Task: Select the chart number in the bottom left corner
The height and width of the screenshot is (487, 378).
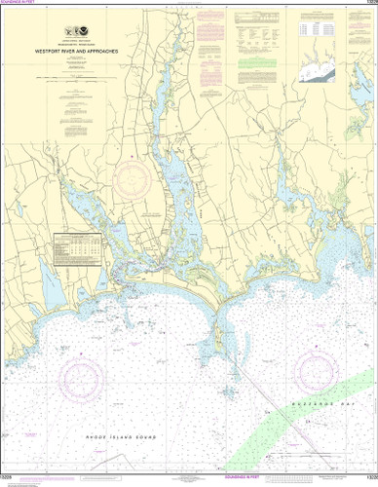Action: tap(10, 481)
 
